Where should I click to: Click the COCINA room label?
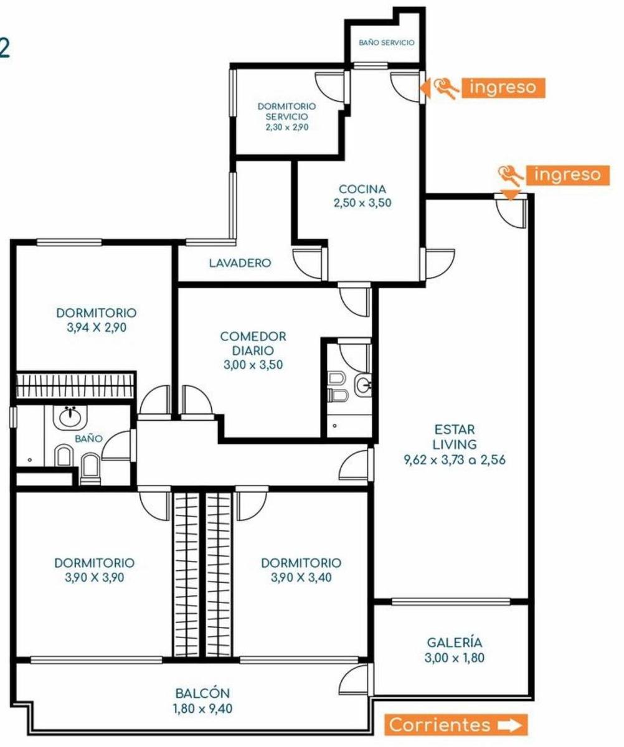click(x=362, y=189)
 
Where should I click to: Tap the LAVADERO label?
click(x=240, y=263)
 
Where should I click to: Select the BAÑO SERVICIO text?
click(x=387, y=42)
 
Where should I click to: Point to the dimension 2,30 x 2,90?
click(x=286, y=127)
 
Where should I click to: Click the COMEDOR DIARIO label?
click(x=253, y=343)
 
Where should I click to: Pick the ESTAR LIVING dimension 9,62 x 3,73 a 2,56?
click(x=455, y=459)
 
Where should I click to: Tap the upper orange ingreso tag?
click(x=503, y=88)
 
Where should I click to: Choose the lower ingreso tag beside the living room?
click(x=567, y=176)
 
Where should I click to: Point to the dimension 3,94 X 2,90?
click(x=97, y=327)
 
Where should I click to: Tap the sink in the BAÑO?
click(x=70, y=417)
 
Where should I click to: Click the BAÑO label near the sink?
click(x=89, y=439)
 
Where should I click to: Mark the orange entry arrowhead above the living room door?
click(x=510, y=194)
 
